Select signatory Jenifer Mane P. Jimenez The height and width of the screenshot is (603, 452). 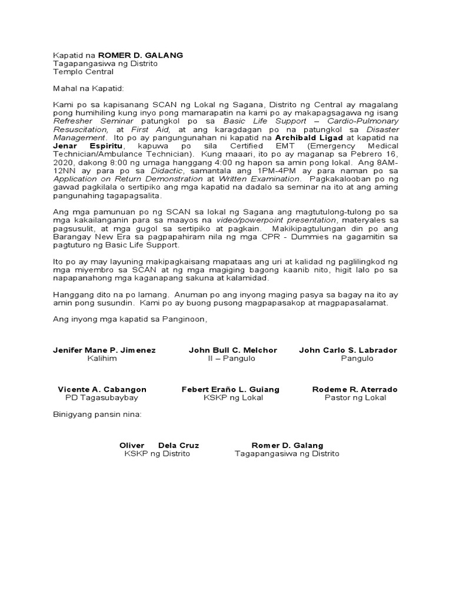pos(104,350)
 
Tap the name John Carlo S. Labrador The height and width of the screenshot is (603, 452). pos(348,350)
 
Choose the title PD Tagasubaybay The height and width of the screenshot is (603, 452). pos(102,397)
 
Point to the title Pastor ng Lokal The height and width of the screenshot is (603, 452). pos(355,397)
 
